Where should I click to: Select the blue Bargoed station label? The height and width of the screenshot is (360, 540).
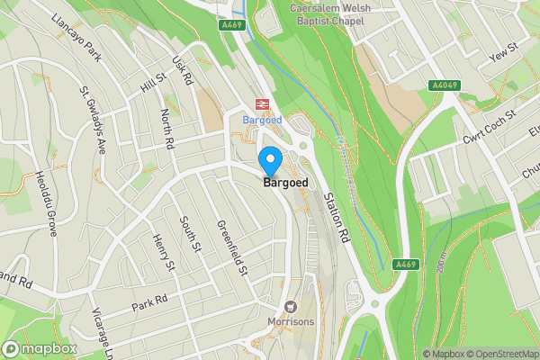pos(262,119)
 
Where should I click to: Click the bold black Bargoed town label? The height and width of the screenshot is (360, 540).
pos(286,183)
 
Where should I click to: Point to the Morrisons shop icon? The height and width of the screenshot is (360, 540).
pos(291,306)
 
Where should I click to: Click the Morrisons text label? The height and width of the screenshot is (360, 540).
pos(291,321)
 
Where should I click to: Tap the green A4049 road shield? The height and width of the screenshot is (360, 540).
pos(445,85)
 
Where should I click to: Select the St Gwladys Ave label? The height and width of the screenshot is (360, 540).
pos(93,120)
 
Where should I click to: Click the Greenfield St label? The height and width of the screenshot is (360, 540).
pos(232,249)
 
